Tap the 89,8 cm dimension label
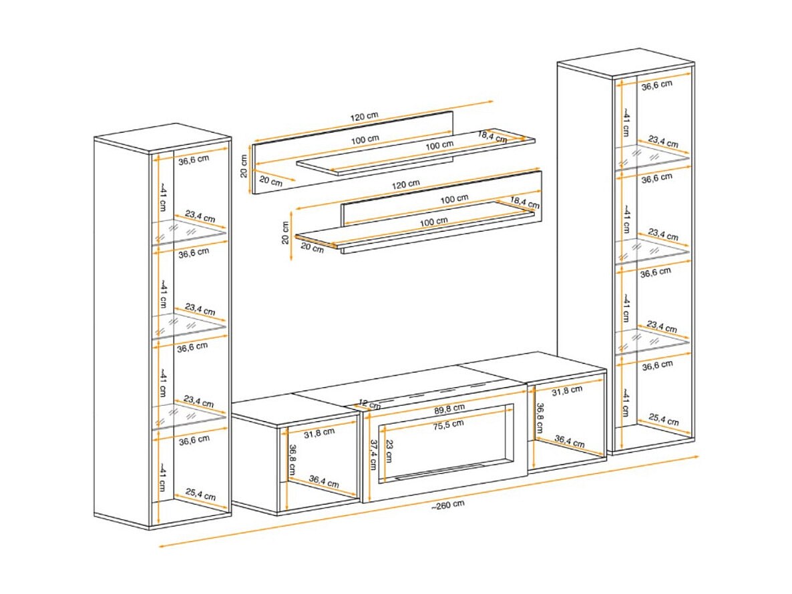tap(449, 408)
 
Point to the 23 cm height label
tap(388, 451)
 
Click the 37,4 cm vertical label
tap(373, 455)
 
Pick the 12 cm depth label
tap(370, 404)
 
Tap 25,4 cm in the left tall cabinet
tap(200, 494)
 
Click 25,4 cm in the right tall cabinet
tap(664, 420)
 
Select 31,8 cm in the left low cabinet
tap(319, 432)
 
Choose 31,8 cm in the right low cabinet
tap(567, 390)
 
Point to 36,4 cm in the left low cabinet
tap(324, 482)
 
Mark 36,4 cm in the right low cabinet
tap(570, 442)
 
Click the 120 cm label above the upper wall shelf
tap(364, 117)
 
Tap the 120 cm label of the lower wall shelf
tap(405, 185)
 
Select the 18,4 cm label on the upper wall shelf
tap(492, 136)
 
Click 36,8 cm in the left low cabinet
tap(291, 459)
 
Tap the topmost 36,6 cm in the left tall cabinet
tap(194, 160)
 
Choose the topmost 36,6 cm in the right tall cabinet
tap(657, 85)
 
